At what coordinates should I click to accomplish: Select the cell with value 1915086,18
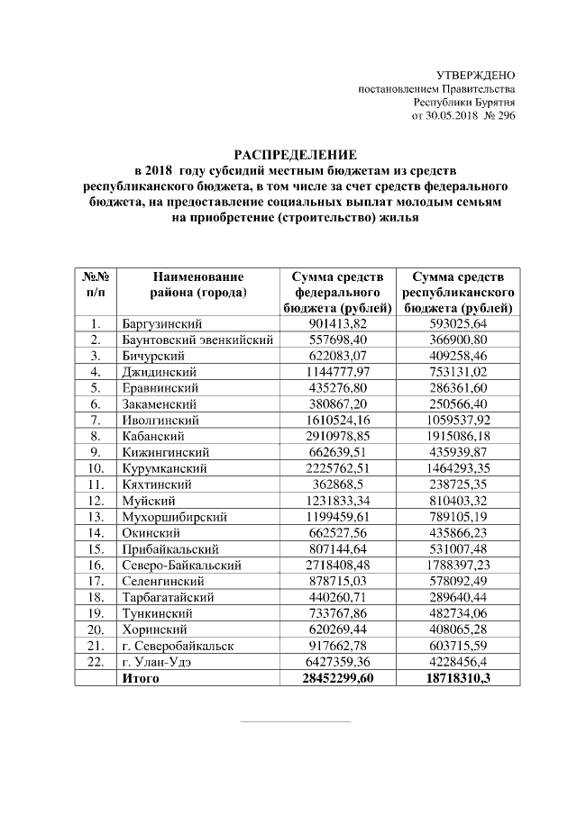[458, 436]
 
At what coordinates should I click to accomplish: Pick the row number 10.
[96, 468]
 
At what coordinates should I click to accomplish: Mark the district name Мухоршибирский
[172, 517]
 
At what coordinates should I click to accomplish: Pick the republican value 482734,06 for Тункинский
[458, 613]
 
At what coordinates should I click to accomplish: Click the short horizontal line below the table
[296, 721]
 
